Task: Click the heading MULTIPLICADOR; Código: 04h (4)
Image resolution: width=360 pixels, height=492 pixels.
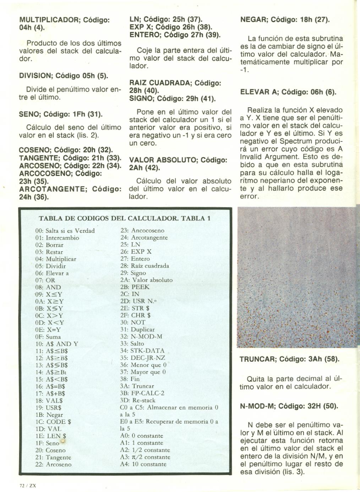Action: [x=64, y=24]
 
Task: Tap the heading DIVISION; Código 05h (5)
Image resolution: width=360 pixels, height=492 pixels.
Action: [x=63, y=76]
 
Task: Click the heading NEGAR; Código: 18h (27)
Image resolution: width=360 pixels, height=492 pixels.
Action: [x=285, y=20]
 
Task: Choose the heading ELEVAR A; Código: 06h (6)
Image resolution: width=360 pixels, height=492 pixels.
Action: [x=288, y=92]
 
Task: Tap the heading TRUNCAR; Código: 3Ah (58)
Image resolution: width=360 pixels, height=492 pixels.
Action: [x=289, y=359]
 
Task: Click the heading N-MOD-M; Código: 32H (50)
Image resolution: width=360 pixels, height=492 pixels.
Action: [x=289, y=406]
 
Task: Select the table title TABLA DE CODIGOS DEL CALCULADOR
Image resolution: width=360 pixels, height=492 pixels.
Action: [x=124, y=218]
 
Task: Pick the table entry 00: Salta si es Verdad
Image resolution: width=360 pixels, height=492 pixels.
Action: [x=65, y=231]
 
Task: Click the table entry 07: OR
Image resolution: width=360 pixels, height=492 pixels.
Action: [x=45, y=280]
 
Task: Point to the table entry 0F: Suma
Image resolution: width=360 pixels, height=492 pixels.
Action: [x=48, y=336]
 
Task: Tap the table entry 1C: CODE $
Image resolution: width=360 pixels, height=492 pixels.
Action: [x=53, y=422]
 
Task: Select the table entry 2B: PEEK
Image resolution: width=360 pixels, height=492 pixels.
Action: [x=135, y=287]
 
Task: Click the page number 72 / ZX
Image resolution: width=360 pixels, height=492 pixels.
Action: [x=28, y=485]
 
